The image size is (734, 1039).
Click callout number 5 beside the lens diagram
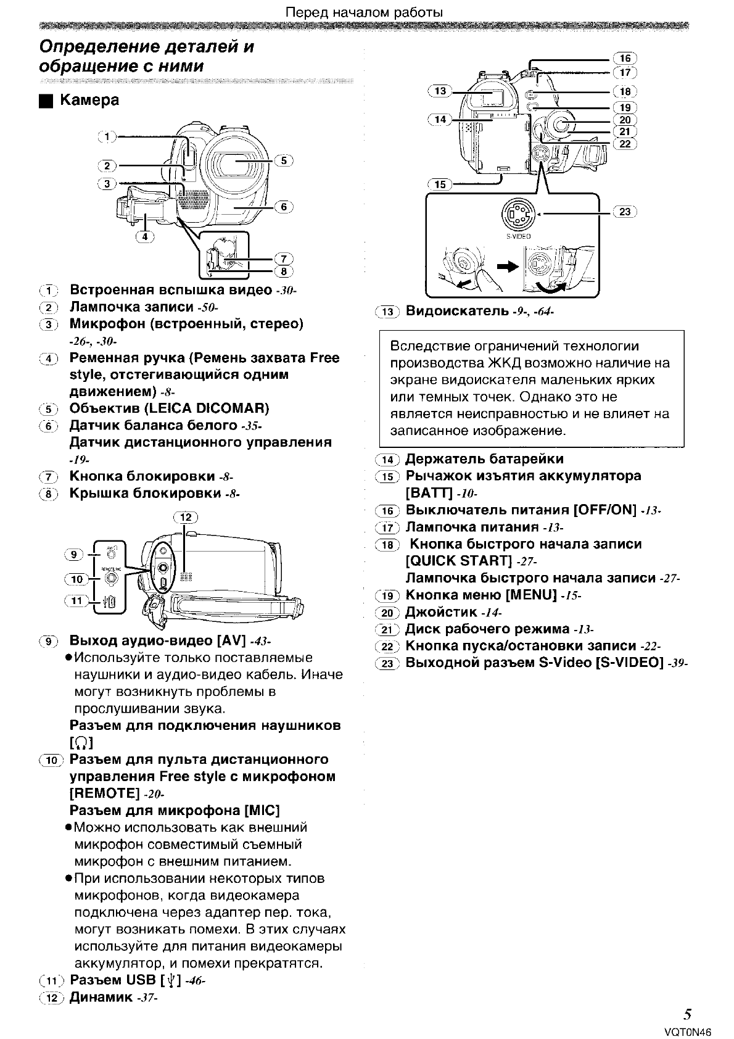click(284, 160)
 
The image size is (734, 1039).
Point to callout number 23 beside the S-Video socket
click(625, 212)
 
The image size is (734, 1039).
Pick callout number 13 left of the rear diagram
click(440, 91)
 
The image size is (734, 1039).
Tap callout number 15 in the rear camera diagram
click(439, 184)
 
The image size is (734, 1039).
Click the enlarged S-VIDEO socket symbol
click(518, 215)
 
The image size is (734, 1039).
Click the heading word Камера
click(89, 100)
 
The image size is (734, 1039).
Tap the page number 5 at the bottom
click(687, 1014)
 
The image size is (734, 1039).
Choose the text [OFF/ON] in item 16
click(604, 510)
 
